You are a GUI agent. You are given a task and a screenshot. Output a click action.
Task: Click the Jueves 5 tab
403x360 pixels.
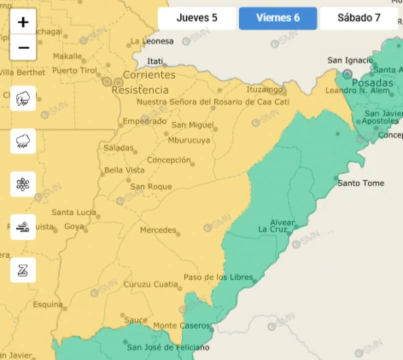point(197,18)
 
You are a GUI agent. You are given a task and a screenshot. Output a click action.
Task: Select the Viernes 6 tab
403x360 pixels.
point(278,18)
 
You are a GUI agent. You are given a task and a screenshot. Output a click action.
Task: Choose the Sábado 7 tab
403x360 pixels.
point(359,18)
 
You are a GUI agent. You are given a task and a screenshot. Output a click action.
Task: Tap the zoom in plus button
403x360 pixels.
point(23,22)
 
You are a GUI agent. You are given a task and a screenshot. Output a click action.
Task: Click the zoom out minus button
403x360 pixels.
point(23,47)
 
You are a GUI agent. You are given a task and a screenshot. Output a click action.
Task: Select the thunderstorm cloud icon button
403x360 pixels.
point(23,98)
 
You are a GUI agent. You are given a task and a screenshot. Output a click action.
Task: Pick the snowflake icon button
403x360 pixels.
point(23,184)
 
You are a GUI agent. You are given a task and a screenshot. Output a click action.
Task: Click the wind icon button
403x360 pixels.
point(23,227)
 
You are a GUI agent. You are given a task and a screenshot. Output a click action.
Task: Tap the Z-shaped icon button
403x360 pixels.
point(23,270)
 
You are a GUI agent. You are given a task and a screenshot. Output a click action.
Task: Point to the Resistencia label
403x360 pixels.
point(140,90)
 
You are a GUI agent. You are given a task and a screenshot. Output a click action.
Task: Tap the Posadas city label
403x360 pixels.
point(373,83)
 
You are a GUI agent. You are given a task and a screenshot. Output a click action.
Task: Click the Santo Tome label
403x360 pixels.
point(361,183)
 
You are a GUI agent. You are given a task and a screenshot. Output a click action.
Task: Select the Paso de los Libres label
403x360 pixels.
point(218,277)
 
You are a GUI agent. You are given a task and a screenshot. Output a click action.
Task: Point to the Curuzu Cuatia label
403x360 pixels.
point(150,285)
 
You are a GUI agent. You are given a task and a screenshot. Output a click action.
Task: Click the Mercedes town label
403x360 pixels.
point(158,230)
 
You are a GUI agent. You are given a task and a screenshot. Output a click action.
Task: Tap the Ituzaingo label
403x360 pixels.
point(264,90)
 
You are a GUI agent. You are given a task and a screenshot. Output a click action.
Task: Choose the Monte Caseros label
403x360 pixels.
point(181,326)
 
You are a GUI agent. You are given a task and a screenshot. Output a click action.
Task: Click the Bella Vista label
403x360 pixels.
point(124,170)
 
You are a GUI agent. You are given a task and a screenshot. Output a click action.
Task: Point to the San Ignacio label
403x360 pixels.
point(350,60)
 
